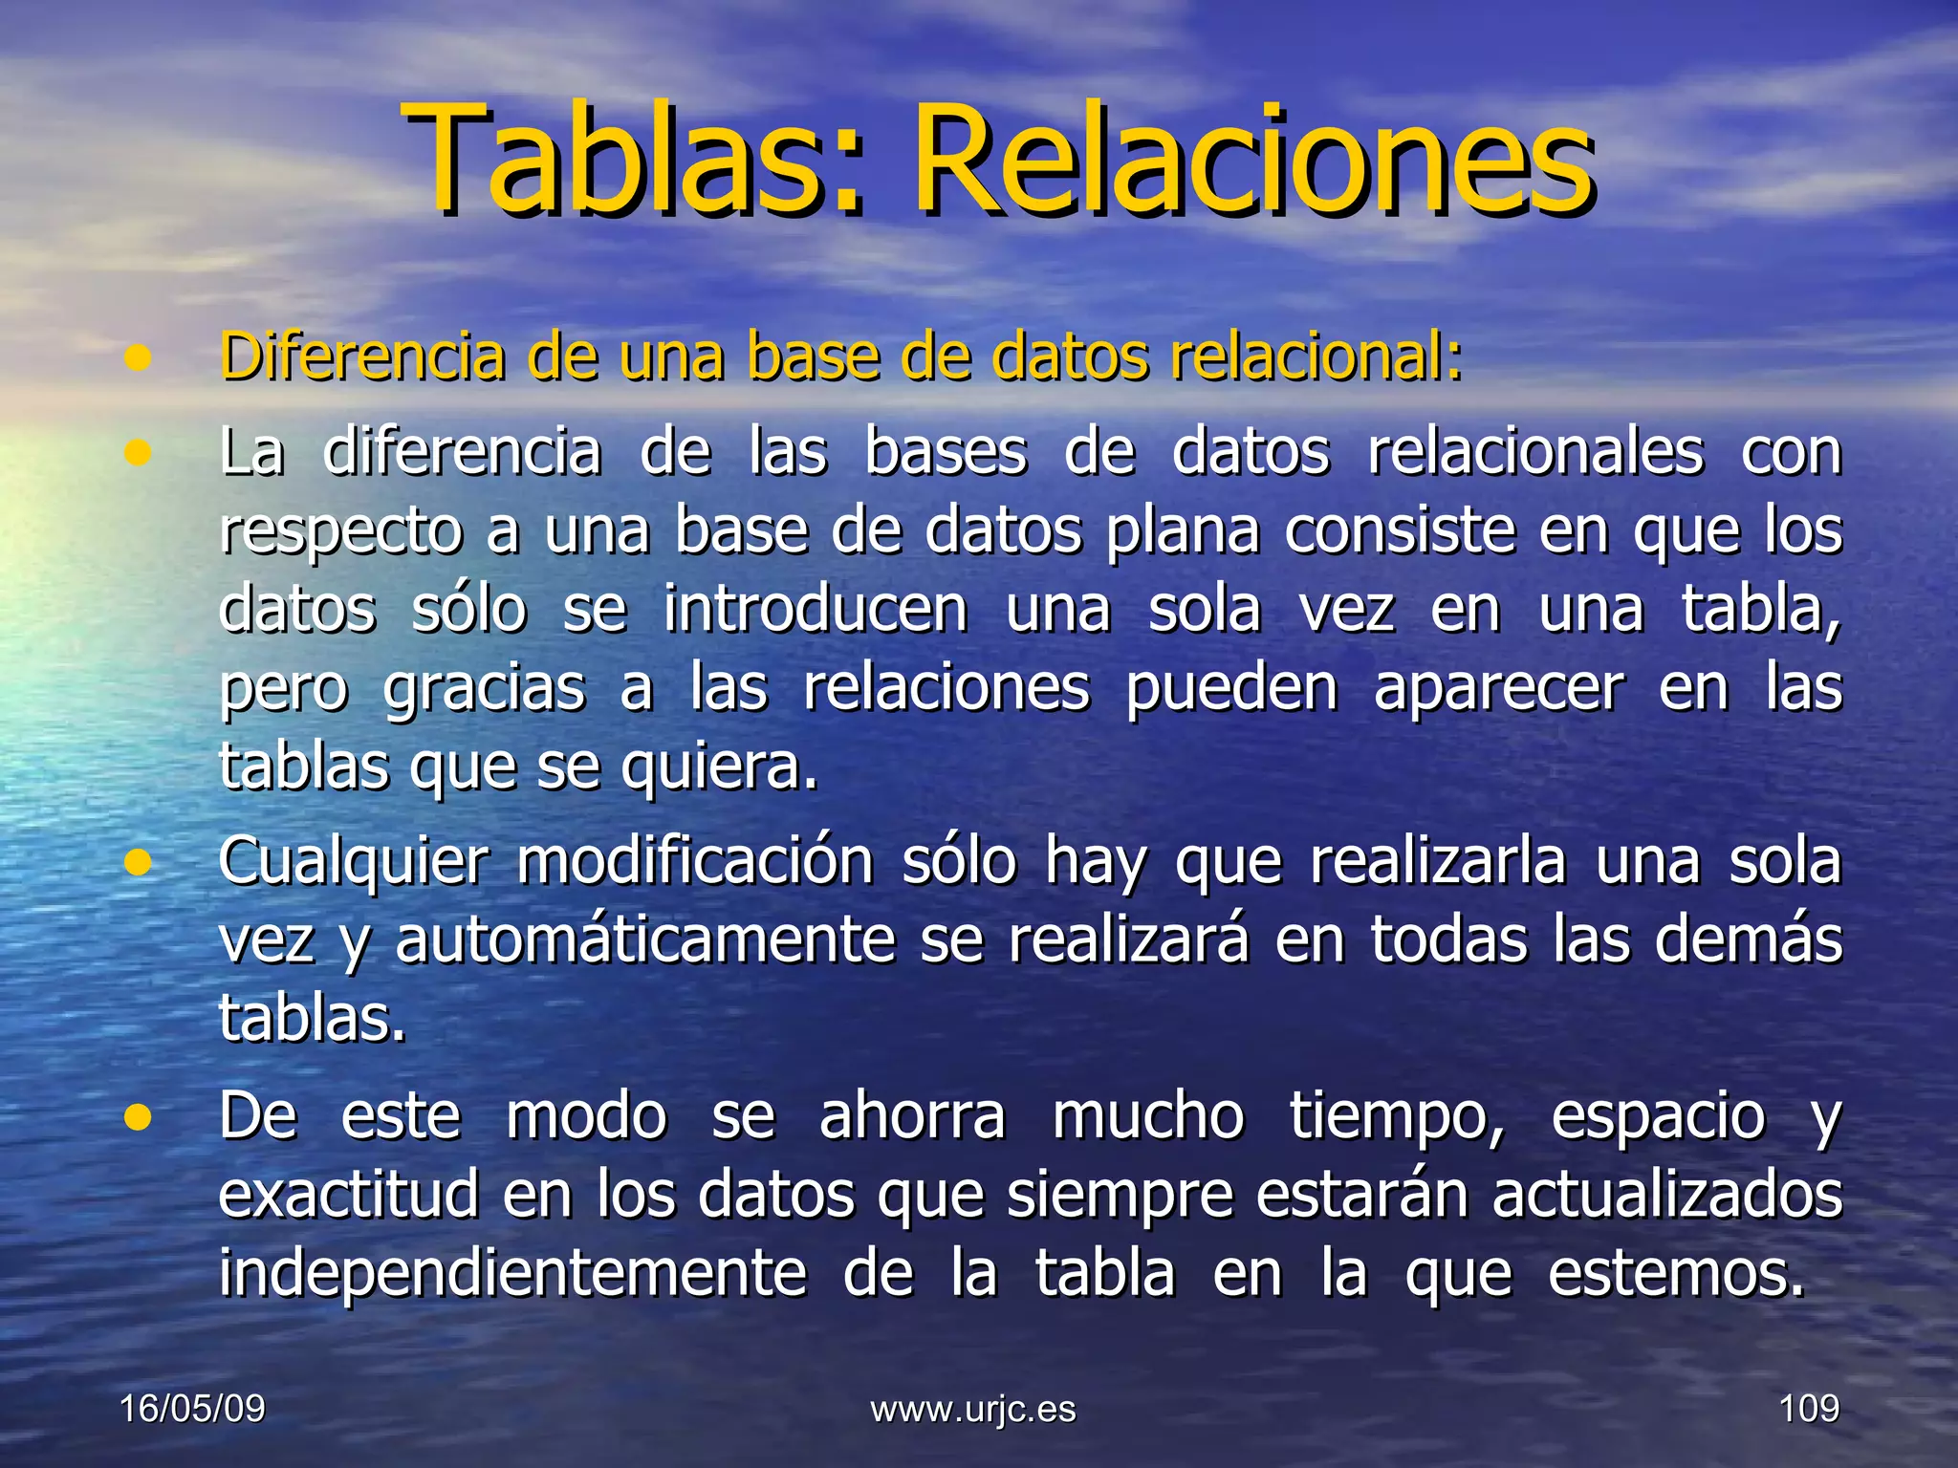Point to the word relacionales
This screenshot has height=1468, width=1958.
1534,451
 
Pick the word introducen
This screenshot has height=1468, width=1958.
815,609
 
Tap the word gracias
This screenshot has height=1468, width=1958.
484,688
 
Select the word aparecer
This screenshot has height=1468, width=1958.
1498,688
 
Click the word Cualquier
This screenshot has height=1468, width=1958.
353,860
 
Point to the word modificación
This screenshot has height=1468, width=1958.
694,860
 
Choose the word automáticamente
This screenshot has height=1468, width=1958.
645,939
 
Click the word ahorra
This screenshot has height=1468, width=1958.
912,1115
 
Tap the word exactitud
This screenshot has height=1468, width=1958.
348,1195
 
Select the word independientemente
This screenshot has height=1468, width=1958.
512,1273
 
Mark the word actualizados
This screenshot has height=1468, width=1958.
1666,1195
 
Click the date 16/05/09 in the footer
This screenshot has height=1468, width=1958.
192,1409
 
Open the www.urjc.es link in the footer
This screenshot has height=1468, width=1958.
972,1409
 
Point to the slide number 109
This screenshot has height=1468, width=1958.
1808,1409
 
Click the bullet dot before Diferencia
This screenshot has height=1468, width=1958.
139,358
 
